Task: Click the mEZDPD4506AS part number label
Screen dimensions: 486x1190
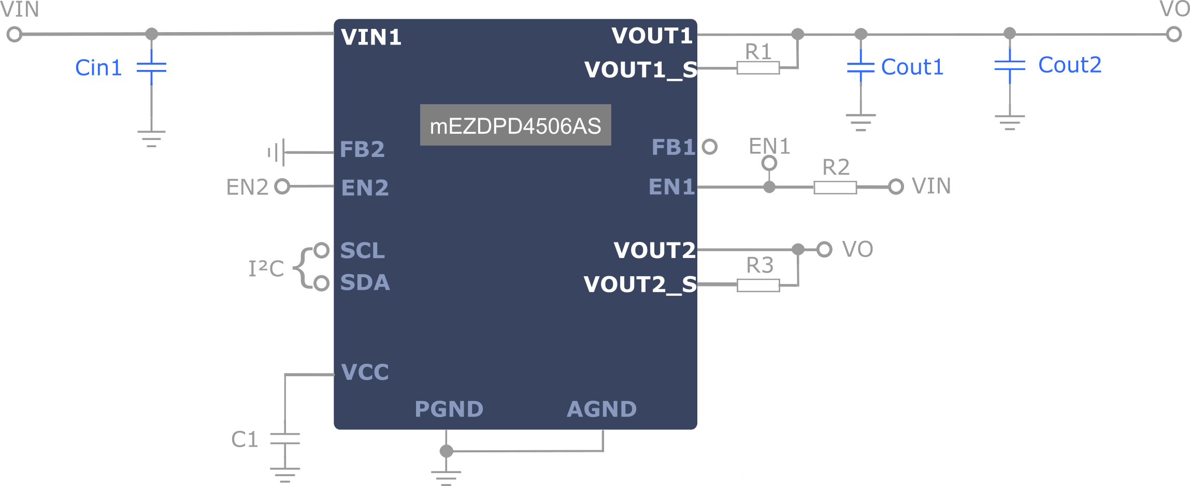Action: (515, 125)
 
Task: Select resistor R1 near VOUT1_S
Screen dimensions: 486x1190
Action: (757, 67)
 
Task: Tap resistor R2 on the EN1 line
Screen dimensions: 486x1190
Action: (835, 187)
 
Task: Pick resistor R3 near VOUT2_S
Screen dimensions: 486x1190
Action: (758, 285)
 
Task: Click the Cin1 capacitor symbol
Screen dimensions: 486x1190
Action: (151, 67)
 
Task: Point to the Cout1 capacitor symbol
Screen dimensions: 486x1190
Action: (861, 67)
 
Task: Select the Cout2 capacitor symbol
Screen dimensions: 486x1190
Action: (1010, 65)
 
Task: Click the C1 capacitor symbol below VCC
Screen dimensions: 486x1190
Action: (285, 439)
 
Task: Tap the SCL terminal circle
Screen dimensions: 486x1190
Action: (322, 250)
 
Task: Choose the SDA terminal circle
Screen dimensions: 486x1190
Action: (322, 283)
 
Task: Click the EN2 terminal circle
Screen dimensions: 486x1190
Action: (282, 187)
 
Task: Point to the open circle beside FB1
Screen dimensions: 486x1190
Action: (710, 147)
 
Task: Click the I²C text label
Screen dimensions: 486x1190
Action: (266, 268)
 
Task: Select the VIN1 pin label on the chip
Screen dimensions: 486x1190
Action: (371, 37)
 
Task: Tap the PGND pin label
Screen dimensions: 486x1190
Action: (449, 409)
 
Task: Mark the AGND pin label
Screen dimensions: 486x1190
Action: (601, 409)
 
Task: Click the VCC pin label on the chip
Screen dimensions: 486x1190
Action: (365, 373)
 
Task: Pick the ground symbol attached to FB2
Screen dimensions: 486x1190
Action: (277, 152)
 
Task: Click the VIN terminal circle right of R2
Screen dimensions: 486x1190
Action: (896, 187)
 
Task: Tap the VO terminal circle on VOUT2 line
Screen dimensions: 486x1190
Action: (824, 249)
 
